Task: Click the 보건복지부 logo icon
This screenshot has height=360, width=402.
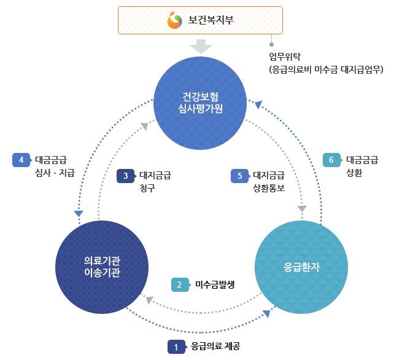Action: (x=175, y=21)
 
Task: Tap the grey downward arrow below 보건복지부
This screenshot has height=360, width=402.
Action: (x=201, y=47)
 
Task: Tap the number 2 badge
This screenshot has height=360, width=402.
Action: (x=179, y=284)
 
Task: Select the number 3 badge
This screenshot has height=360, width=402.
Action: (x=125, y=176)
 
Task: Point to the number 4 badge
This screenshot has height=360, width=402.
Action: (x=21, y=160)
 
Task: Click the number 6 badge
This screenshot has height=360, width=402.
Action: (x=331, y=160)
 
